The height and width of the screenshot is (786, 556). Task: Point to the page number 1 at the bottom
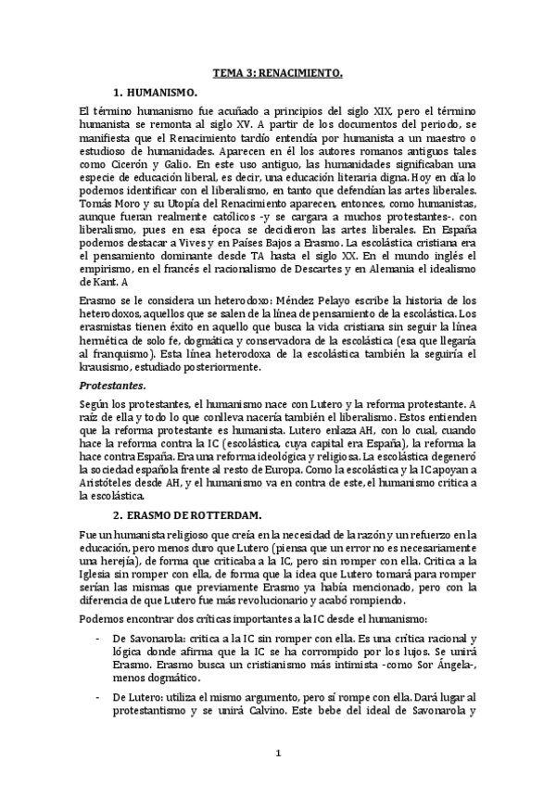click(x=277, y=754)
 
